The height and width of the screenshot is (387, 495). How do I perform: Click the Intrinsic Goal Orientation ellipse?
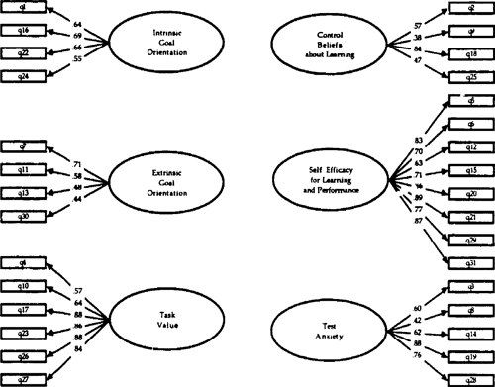tap(147, 43)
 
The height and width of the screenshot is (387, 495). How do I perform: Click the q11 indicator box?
tap(23, 169)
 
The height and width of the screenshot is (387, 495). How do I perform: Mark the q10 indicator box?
tap(23, 286)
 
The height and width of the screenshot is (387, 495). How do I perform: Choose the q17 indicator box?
tap(23, 308)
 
